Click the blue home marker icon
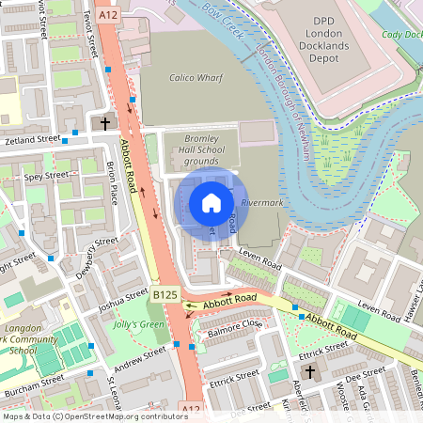(x=211, y=203)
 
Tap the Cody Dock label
(x=402, y=35)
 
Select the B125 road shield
(x=164, y=295)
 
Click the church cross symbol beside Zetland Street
(x=105, y=123)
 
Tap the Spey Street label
(x=47, y=176)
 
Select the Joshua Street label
(x=123, y=302)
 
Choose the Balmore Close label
(x=235, y=325)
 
